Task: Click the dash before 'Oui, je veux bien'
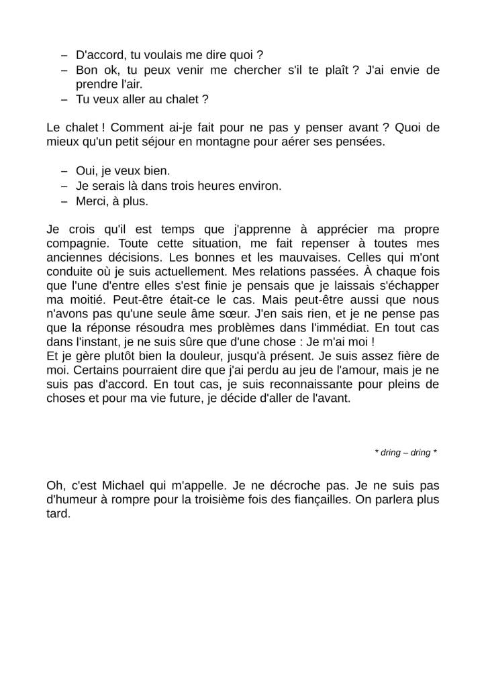point(64,171)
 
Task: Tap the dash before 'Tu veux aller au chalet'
point(64,99)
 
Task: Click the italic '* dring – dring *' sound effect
point(405,452)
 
